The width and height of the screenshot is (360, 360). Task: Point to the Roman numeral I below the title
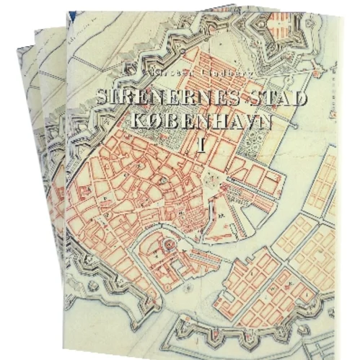click(203, 144)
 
